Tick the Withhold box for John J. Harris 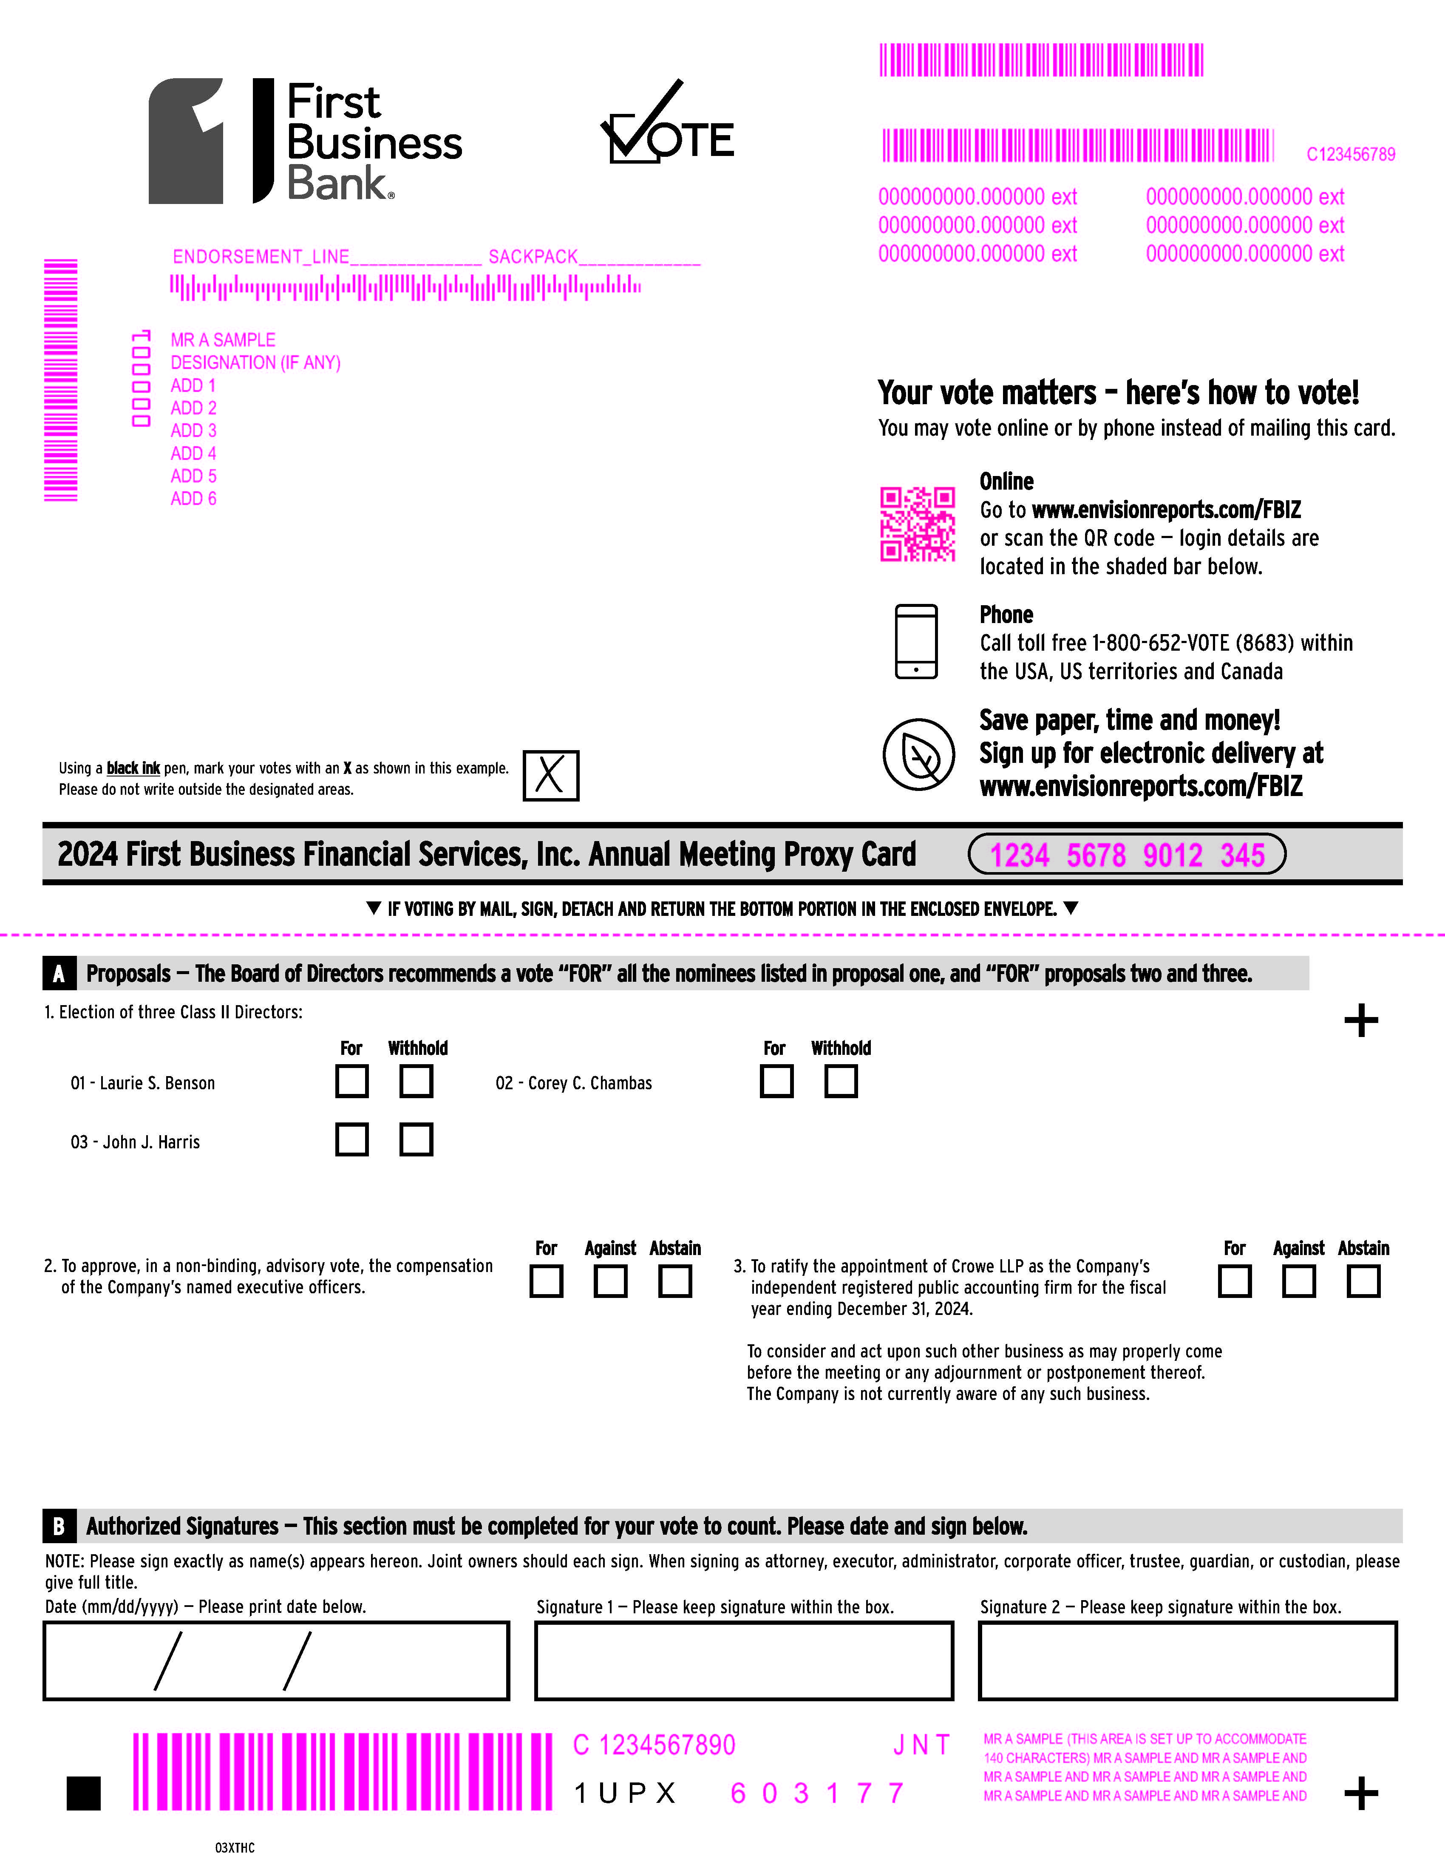click(416, 1140)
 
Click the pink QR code click(918, 524)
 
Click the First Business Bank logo click(306, 141)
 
